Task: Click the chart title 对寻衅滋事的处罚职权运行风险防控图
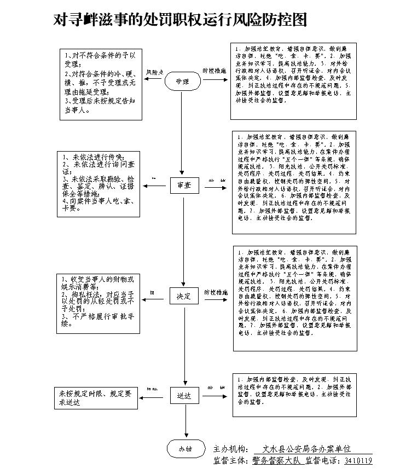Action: point(179,20)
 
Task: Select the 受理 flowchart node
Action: point(182,82)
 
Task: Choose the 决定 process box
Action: point(183,296)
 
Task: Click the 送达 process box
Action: point(184,395)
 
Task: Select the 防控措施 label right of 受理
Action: point(215,71)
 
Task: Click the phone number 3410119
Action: point(358,461)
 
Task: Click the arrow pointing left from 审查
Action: point(157,186)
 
